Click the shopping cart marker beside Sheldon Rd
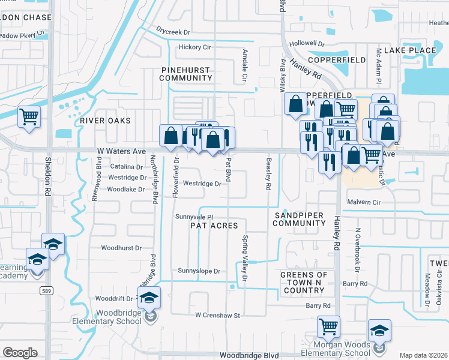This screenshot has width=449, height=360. (29, 116)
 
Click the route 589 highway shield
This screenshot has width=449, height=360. (46, 290)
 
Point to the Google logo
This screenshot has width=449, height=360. (20, 353)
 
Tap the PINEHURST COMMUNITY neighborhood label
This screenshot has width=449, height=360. (187, 74)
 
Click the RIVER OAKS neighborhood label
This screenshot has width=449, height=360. (105, 121)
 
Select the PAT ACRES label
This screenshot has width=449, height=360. (214, 226)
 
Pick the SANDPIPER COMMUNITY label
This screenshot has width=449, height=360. (299, 219)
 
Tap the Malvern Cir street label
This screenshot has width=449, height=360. (364, 203)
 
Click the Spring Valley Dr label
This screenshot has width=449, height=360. (244, 257)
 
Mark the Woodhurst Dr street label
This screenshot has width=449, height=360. (121, 247)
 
